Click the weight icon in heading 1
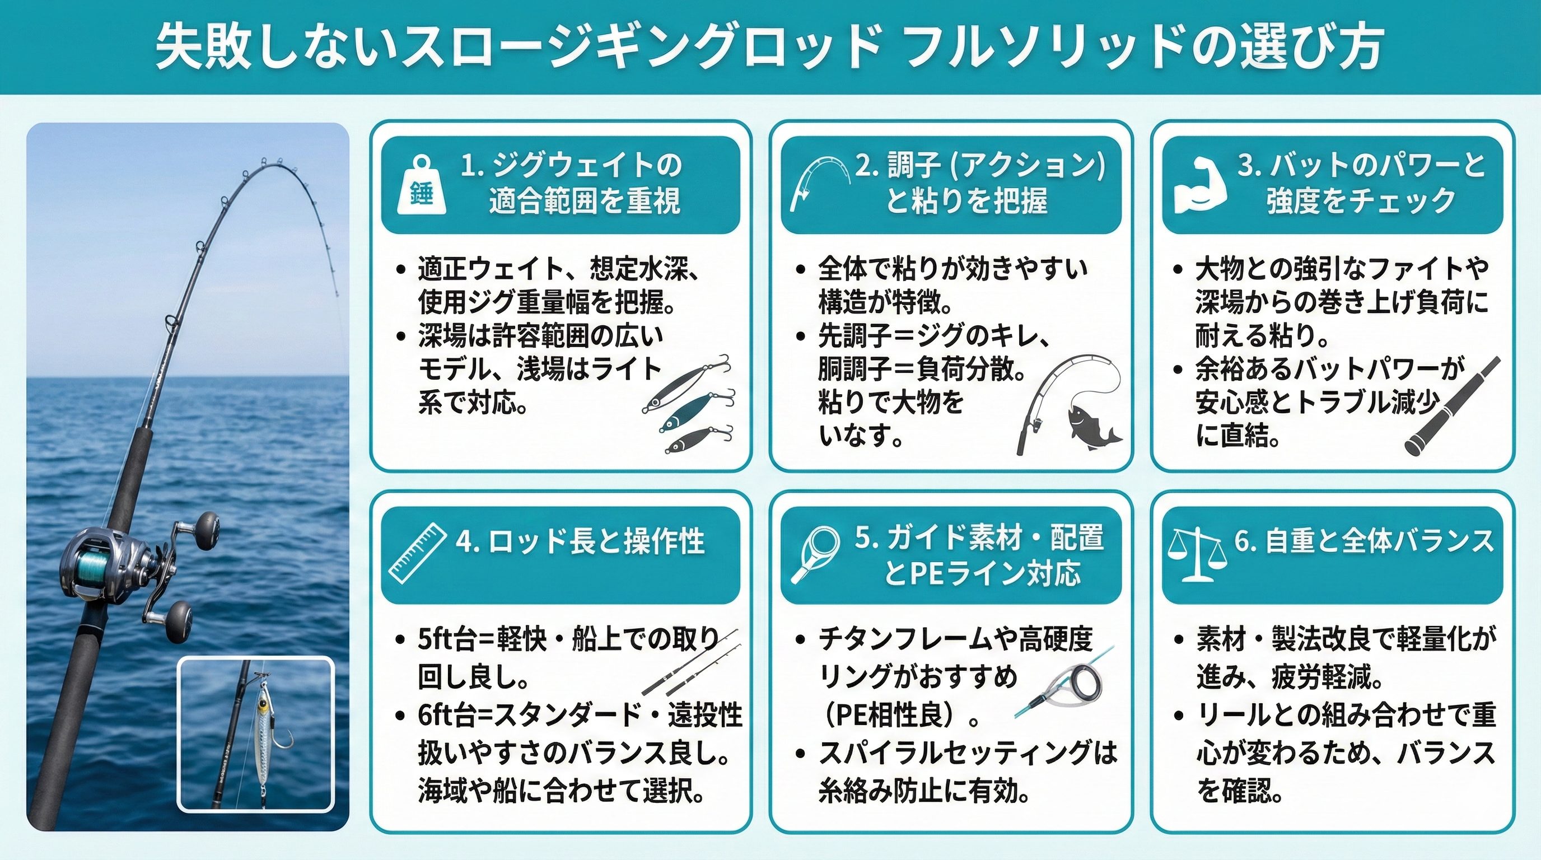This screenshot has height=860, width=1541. click(x=421, y=186)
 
